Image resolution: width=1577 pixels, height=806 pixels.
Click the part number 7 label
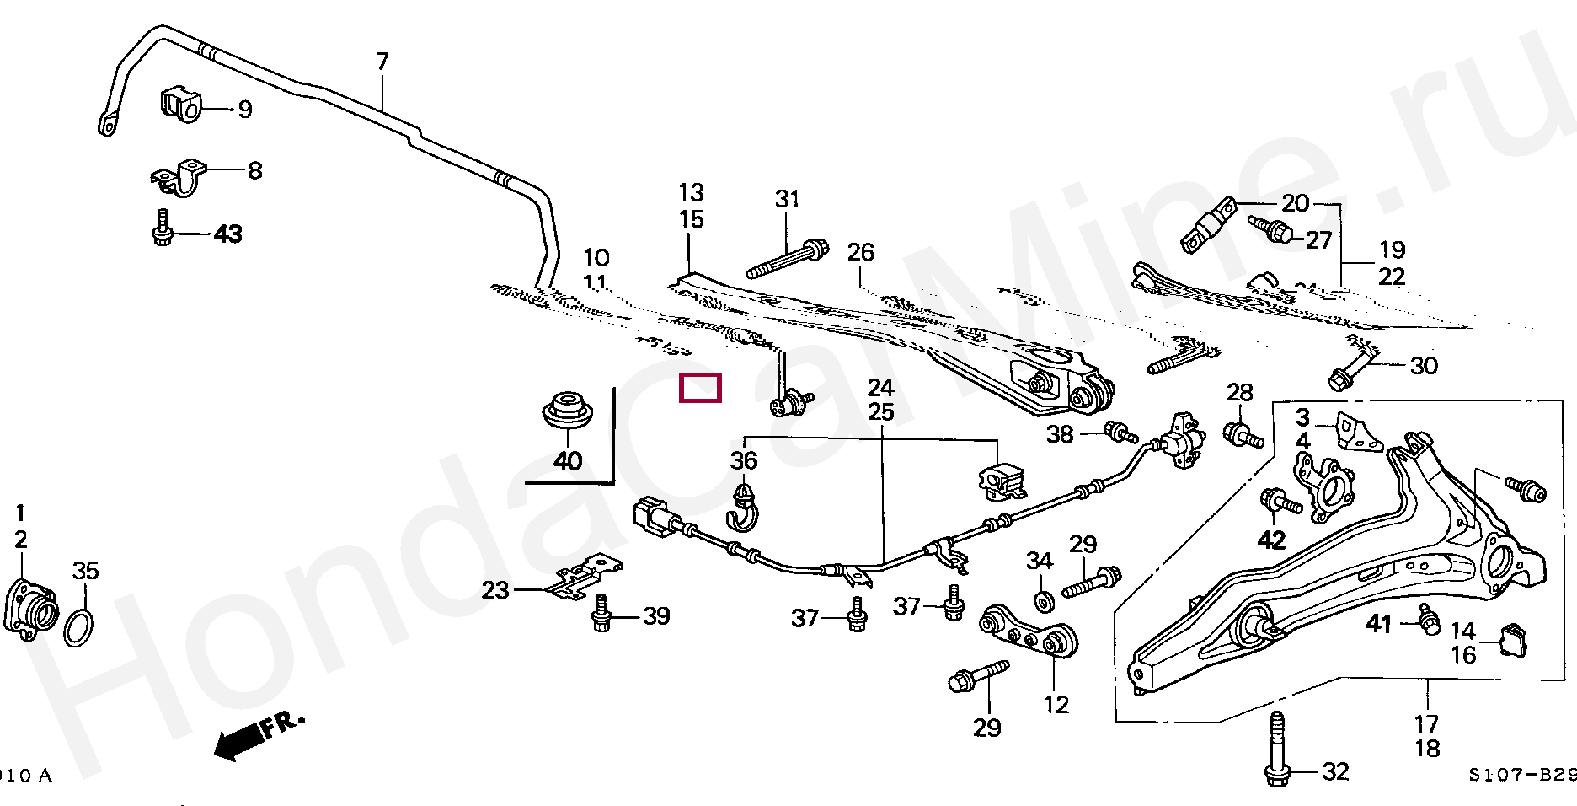pyautogui.click(x=382, y=62)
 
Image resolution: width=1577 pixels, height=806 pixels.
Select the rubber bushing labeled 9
pyautogui.click(x=180, y=104)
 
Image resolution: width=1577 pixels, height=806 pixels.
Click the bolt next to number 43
pyautogui.click(x=162, y=228)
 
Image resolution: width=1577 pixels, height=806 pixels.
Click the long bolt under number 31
pyautogui.click(x=787, y=259)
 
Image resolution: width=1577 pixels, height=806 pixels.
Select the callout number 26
pyautogui.click(x=861, y=252)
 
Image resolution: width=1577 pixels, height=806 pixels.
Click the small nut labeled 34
pyautogui.click(x=1044, y=600)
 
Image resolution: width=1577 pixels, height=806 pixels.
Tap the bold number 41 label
pyautogui.click(x=1378, y=623)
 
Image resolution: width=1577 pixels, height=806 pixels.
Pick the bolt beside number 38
pyautogui.click(x=1120, y=432)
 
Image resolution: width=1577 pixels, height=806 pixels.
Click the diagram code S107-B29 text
pyautogui.click(x=1521, y=775)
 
